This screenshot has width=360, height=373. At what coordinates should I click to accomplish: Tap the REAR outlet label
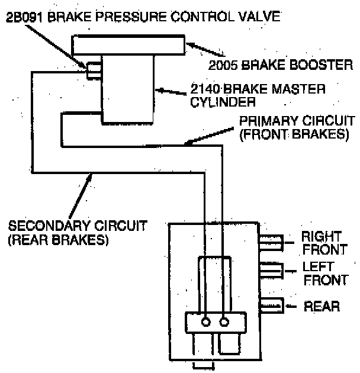tap(322, 306)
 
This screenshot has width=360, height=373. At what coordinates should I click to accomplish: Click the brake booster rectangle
tap(127, 46)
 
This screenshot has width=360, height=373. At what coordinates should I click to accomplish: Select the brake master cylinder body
tap(127, 89)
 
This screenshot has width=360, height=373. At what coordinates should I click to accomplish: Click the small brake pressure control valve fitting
tap(94, 70)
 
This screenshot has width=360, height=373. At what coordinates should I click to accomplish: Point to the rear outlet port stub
tap(271, 306)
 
